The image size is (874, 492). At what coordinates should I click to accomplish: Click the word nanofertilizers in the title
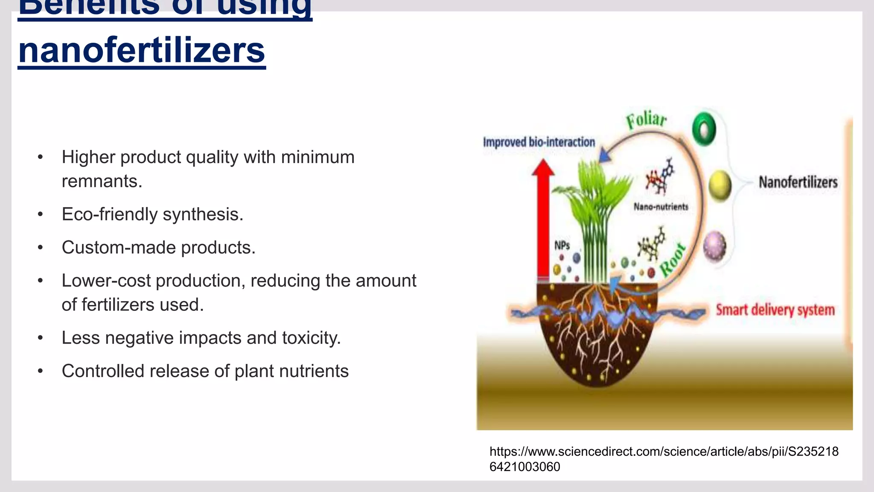(x=142, y=50)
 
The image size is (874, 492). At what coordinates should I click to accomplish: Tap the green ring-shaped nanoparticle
(x=704, y=129)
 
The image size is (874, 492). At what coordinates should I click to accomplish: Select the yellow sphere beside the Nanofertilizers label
(x=720, y=186)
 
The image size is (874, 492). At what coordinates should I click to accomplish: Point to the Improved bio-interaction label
(x=539, y=142)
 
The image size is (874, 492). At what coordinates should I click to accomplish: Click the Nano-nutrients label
(x=661, y=207)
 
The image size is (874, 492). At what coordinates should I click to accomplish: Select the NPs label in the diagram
(x=562, y=246)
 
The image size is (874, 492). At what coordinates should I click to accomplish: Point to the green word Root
(x=673, y=260)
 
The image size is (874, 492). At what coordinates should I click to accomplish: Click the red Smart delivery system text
(x=775, y=310)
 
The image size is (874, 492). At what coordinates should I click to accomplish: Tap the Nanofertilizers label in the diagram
(x=798, y=182)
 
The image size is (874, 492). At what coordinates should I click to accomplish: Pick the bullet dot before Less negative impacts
(x=40, y=338)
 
